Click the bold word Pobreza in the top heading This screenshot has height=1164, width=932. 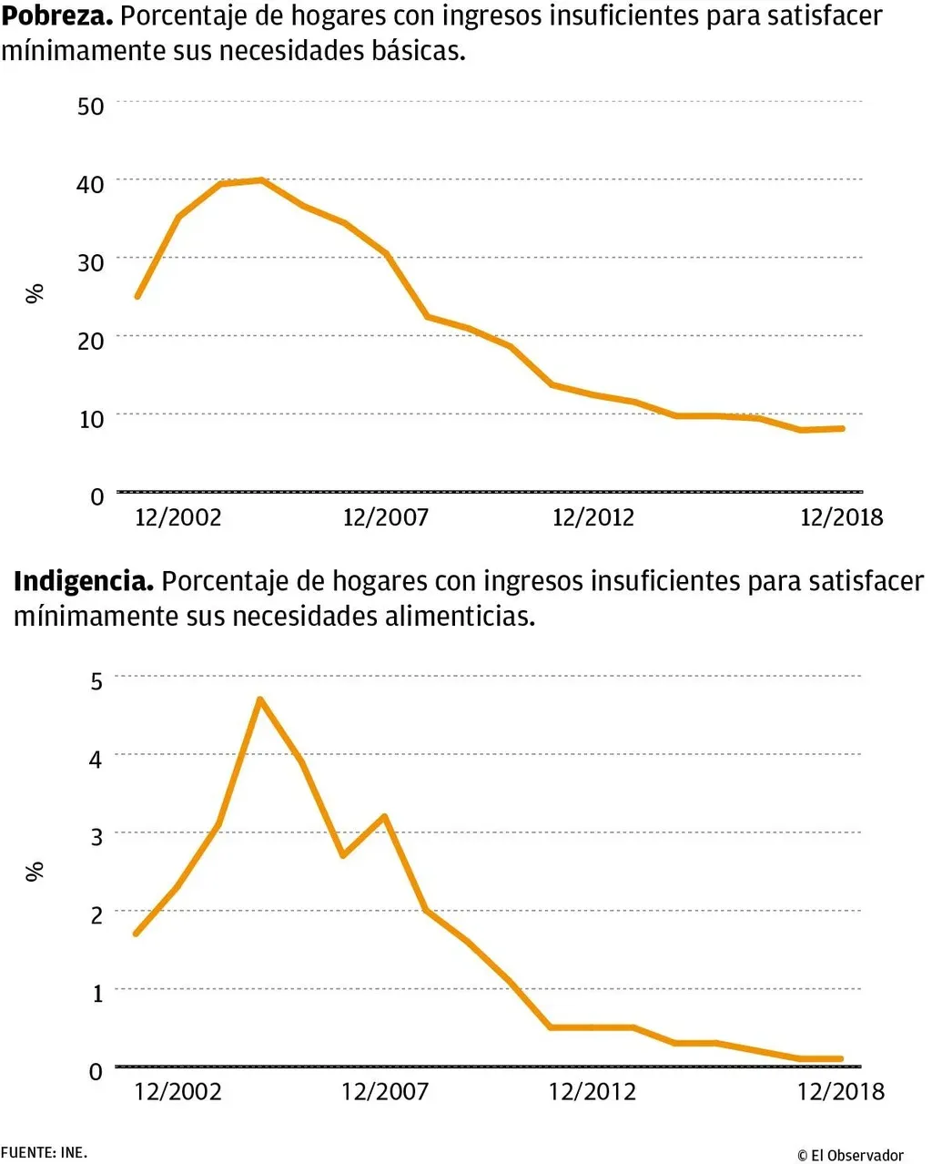[56, 15]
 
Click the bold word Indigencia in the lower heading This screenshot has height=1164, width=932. [83, 581]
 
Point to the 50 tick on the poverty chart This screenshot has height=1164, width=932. [91, 106]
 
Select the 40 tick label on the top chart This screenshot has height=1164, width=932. [91, 184]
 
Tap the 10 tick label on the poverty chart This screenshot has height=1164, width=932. [91, 419]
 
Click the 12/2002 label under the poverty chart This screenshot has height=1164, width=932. [178, 517]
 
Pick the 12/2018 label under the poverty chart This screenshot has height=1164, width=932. [841, 517]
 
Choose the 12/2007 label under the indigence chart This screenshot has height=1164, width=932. [384, 1091]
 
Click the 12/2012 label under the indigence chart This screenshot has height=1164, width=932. [592, 1091]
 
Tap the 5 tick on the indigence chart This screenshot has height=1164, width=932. [96, 680]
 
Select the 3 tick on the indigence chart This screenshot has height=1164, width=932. [96, 836]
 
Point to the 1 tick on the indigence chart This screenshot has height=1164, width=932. [97, 993]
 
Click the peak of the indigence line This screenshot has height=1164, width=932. [260, 699]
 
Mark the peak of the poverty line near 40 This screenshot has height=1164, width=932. [261, 180]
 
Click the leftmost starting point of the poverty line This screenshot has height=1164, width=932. [137, 296]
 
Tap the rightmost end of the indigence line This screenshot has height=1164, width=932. [840, 1059]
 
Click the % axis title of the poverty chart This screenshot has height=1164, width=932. [35, 293]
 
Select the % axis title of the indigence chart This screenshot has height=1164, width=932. [35, 872]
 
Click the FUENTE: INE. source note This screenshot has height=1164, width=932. [44, 1153]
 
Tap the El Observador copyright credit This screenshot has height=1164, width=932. [850, 1155]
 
